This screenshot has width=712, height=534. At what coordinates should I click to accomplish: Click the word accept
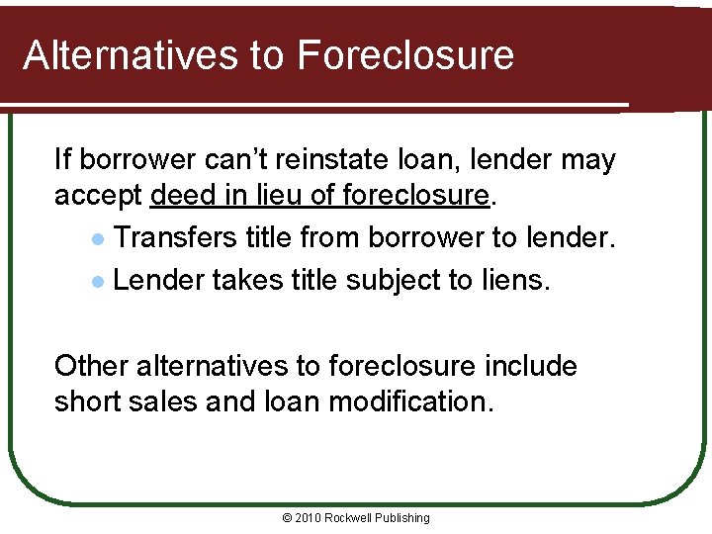tap(99, 195)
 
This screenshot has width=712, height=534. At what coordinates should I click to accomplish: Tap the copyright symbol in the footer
tap(287, 518)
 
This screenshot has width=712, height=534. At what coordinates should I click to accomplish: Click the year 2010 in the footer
tap(308, 518)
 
